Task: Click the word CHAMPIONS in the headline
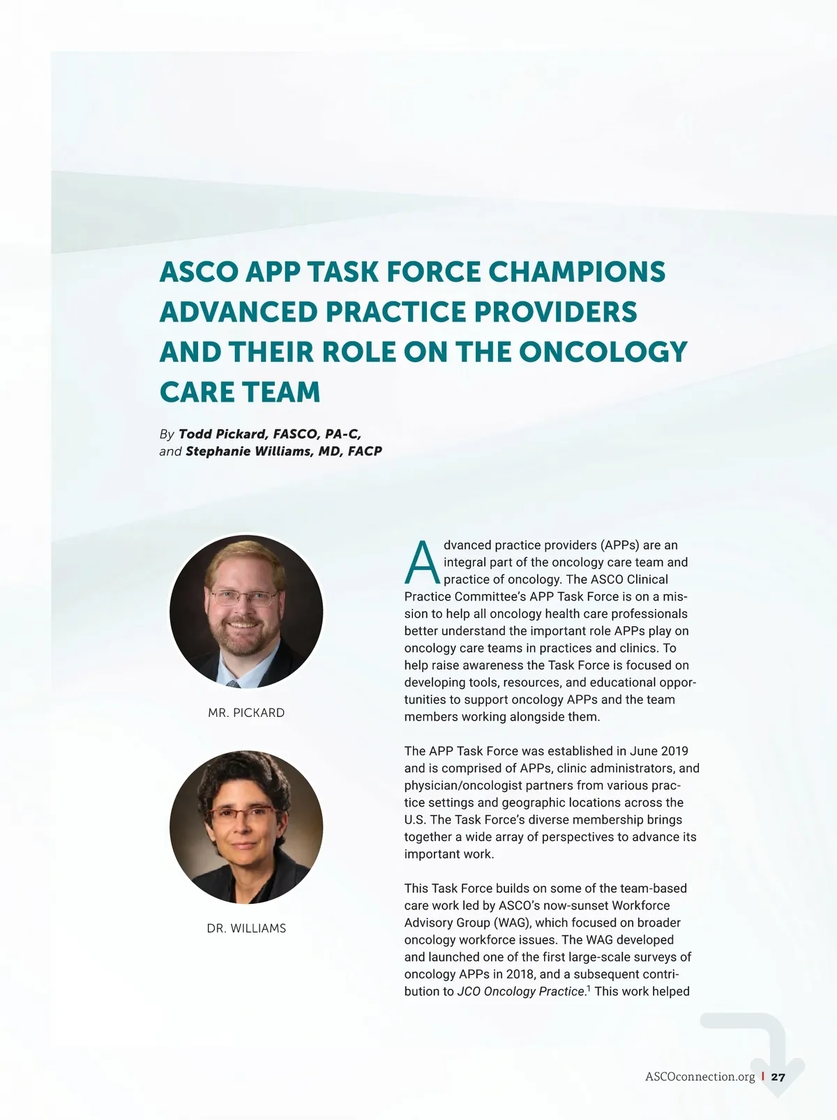click(x=577, y=272)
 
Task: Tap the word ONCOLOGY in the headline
click(x=603, y=352)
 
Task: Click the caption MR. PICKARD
click(x=246, y=713)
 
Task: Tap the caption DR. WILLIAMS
click(x=246, y=928)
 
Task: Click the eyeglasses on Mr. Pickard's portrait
click(x=243, y=598)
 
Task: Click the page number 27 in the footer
click(x=778, y=1077)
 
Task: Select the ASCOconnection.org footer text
click(x=700, y=1077)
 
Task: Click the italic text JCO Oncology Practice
click(x=521, y=992)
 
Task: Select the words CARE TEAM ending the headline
click(x=240, y=392)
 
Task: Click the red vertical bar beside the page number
click(x=763, y=1077)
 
